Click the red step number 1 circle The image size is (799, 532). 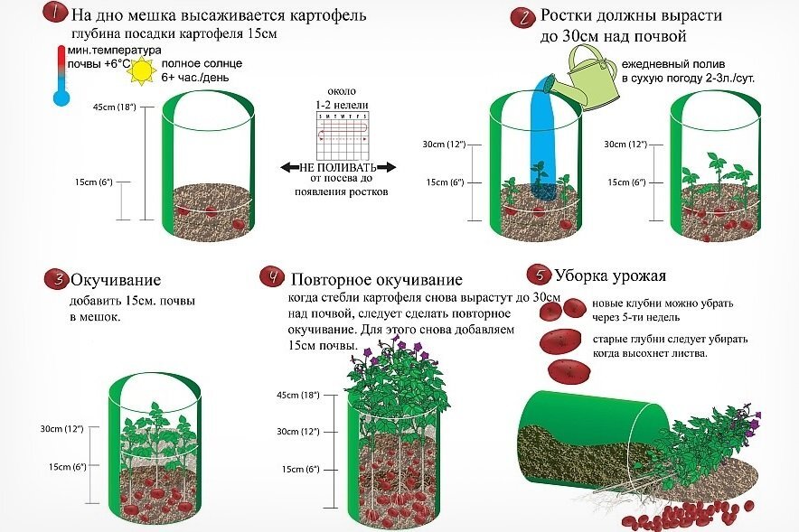pyautogui.click(x=55, y=14)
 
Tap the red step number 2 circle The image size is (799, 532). pyautogui.click(x=522, y=17)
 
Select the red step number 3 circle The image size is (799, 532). pyautogui.click(x=56, y=279)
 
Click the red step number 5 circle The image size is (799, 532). pyautogui.click(x=540, y=274)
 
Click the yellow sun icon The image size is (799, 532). pyautogui.click(x=142, y=70)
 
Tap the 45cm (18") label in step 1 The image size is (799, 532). pyautogui.click(x=114, y=107)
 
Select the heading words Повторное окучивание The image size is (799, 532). pyautogui.click(x=377, y=278)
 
